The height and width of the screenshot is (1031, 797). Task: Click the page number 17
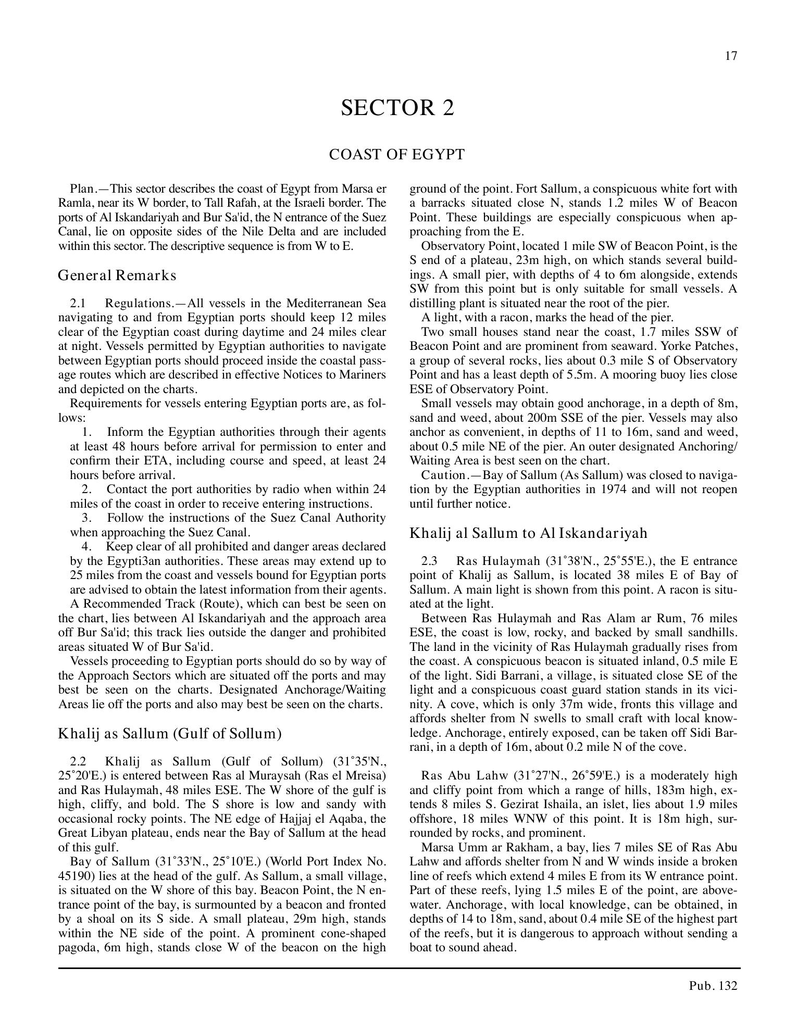click(731, 56)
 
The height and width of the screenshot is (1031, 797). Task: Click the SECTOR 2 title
click(397, 108)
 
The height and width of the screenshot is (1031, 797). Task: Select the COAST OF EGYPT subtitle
click(396, 155)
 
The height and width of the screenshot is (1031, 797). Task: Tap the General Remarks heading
click(117, 275)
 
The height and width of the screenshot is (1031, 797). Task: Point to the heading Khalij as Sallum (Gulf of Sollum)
click(170, 734)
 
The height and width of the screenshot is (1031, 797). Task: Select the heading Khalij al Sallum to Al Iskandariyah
click(528, 533)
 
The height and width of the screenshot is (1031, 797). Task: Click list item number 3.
click(87, 518)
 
